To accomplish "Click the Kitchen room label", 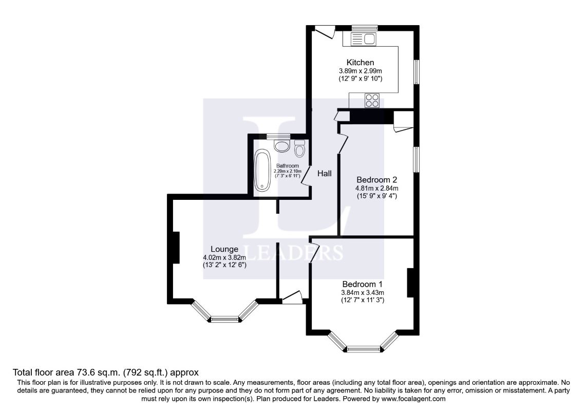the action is click(360, 62).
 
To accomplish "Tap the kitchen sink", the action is click(363, 39).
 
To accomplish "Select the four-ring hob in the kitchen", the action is click(372, 100).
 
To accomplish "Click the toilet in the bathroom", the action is click(299, 148).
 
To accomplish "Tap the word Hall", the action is click(325, 174).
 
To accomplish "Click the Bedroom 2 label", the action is click(376, 180).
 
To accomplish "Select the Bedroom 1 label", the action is click(363, 284).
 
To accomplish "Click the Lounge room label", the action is click(224, 249).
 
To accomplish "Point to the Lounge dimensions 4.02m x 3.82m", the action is click(224, 257).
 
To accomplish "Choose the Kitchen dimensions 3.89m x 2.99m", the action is click(360, 71).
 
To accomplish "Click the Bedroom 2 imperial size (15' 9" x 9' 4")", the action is click(376, 196).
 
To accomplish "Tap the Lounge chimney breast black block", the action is click(175, 247).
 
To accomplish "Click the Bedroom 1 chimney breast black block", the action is click(411, 283).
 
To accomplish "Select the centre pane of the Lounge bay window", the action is click(224, 320).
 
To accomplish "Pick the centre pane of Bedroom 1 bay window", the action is click(363, 349).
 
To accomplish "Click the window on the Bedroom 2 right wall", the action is click(416, 160).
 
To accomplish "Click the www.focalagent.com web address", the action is click(413, 399).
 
